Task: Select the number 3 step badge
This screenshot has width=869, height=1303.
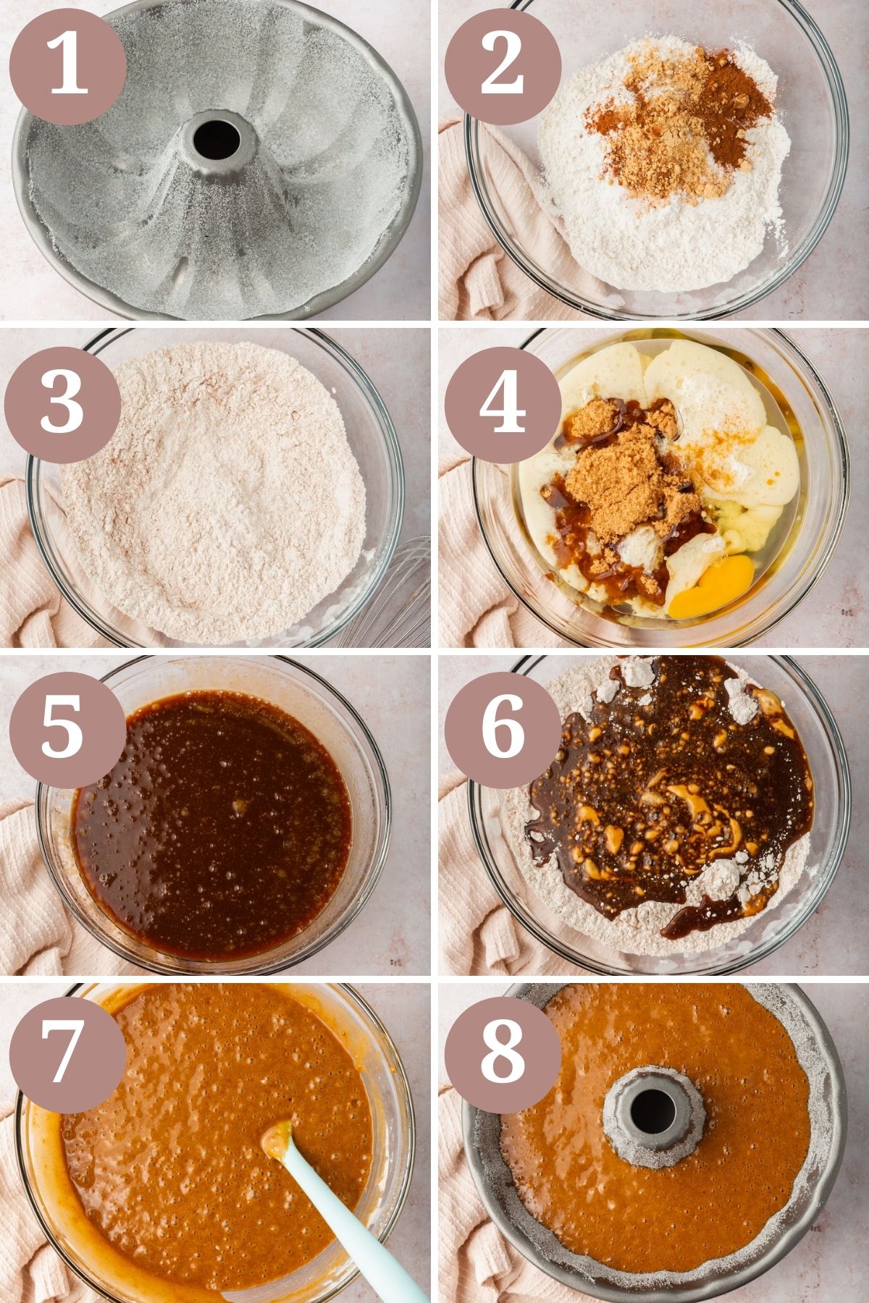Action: pos(62,401)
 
